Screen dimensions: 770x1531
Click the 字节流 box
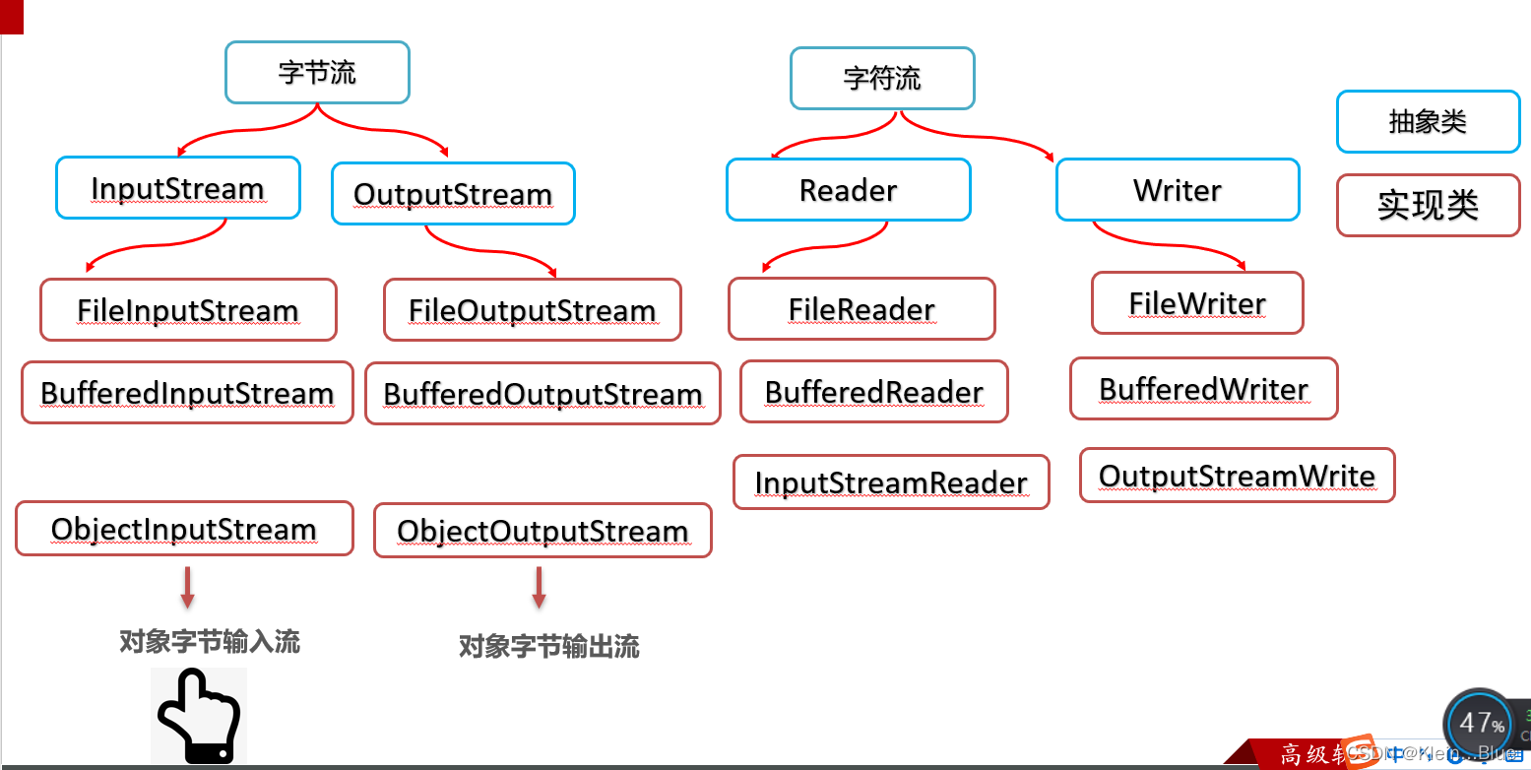coord(317,73)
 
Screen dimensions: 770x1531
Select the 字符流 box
coord(882,79)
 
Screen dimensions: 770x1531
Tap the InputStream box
coord(177,188)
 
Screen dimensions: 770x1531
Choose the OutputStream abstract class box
coord(453,194)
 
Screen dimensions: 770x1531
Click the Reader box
coord(848,190)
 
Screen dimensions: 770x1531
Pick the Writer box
coord(1178,190)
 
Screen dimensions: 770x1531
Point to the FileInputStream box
coord(188,310)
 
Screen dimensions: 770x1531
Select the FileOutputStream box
coord(532,310)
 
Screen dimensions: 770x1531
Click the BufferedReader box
coord(874,392)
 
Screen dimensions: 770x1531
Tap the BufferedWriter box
coord(1203,389)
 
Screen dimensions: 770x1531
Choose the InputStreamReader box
coord(891,482)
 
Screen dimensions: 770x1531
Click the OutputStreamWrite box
coord(1237,476)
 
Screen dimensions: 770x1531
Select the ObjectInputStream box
coord(184,529)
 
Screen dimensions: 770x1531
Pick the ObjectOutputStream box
coord(542,531)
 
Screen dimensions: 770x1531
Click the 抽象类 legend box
coord(1428,122)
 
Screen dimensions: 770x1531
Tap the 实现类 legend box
coord(1428,206)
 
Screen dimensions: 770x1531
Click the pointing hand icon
coord(199,716)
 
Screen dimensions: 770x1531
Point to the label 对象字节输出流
coord(549,647)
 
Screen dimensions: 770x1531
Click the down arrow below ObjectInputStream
coord(187,587)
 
